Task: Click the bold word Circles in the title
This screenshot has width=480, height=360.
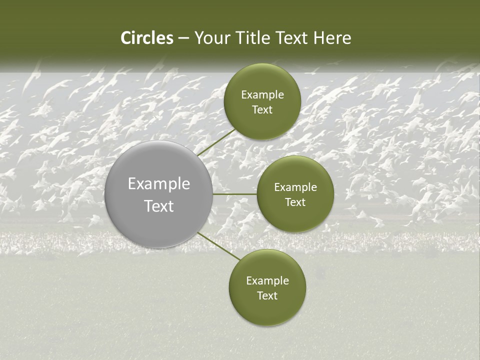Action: point(147,38)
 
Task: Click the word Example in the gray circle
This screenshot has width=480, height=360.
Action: point(159,184)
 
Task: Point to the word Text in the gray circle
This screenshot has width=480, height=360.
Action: point(159,206)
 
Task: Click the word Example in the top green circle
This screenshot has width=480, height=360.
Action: point(262,95)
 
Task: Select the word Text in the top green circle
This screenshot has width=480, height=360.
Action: point(262,110)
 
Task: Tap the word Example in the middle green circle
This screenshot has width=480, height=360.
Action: point(295,187)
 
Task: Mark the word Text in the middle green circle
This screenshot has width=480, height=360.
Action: point(295,202)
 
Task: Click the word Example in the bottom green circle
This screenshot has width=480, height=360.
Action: point(267,281)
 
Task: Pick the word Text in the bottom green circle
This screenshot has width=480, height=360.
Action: point(267,296)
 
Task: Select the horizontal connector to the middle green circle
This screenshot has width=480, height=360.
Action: point(234,194)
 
